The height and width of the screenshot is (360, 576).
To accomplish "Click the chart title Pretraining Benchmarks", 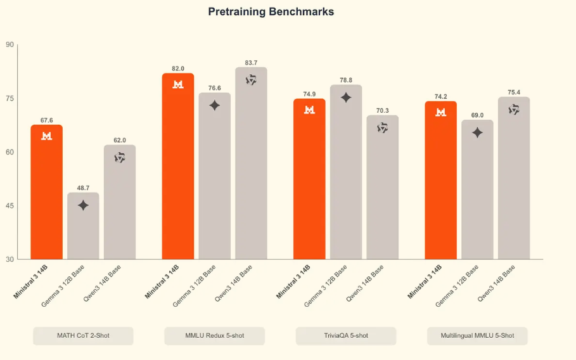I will [x=271, y=12].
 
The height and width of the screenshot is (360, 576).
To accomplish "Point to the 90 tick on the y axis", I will [x=10, y=44].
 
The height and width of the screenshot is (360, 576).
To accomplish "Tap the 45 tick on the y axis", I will [x=10, y=205].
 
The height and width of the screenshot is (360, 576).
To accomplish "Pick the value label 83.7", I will [x=251, y=63].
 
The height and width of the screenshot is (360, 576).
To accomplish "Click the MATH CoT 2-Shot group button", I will [x=83, y=335].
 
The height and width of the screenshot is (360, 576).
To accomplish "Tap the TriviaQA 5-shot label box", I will [x=345, y=335].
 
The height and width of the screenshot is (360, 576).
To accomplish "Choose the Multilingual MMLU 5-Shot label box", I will [x=477, y=335].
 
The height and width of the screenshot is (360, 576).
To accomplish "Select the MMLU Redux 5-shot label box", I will [x=214, y=335].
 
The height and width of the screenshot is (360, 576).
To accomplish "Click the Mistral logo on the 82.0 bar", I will [x=178, y=84].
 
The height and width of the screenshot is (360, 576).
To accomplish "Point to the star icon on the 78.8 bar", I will [x=346, y=98].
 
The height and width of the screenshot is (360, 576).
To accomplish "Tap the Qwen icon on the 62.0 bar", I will [x=120, y=157].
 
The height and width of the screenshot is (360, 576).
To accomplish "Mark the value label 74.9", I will [x=309, y=94].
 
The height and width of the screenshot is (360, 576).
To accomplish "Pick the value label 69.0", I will [x=477, y=115].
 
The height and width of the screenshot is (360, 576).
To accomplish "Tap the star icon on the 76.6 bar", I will [x=215, y=105].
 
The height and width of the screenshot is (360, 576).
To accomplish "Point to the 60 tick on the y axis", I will [x=10, y=152].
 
